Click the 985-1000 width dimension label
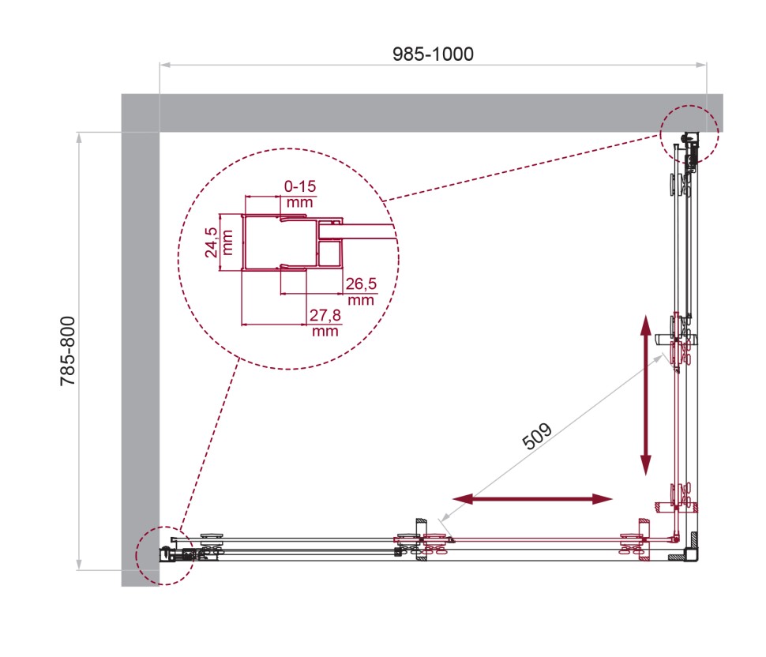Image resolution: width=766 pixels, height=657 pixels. pos(433,54)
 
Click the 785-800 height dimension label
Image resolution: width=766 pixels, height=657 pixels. pos(69,350)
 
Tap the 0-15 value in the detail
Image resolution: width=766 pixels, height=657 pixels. pos(299,186)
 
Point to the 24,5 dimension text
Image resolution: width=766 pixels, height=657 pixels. pos(210,243)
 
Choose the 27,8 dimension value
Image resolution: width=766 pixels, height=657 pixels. pos(324,316)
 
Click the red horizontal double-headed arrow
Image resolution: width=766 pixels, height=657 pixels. pos(533,498)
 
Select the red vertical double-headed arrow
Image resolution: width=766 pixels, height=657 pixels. pos(645,395)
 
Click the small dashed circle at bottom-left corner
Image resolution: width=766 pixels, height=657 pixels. pos(164,555)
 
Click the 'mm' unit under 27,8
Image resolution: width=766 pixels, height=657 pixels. pos(325,332)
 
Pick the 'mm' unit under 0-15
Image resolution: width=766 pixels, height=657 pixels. pos(299,202)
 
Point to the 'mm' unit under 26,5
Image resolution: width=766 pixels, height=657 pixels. pos(360,300)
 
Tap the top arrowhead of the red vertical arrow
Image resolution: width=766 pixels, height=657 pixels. pos(645,325)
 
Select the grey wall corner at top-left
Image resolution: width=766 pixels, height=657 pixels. pos(141,113)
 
